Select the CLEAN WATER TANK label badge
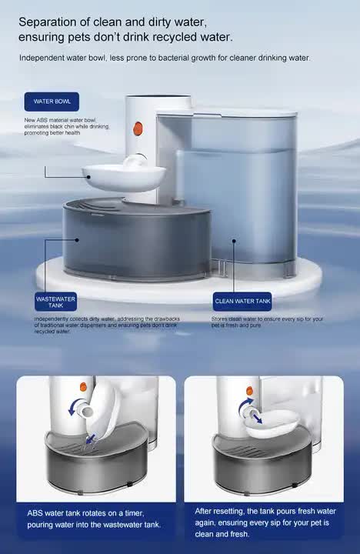(242, 301)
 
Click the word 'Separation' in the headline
(49, 22)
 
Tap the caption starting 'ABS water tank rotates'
(90, 518)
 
